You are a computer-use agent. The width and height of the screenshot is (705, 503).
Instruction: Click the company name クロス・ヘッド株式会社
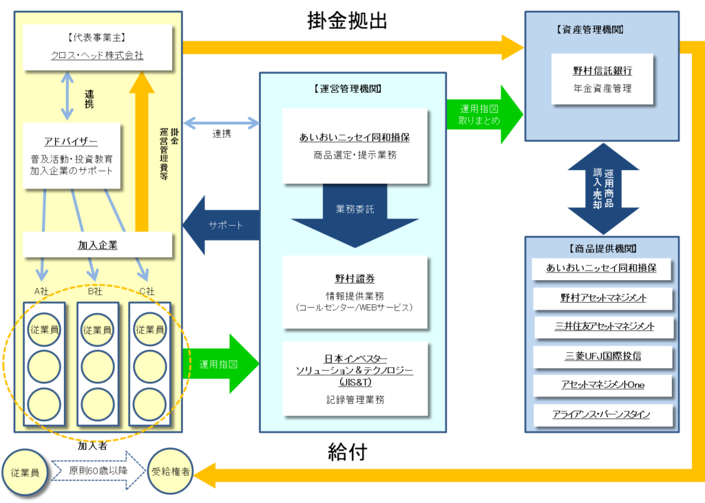pos(97,56)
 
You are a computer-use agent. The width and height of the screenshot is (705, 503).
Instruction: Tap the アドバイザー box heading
pos(71,142)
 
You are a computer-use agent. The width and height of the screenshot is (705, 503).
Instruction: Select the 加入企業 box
pos(97,245)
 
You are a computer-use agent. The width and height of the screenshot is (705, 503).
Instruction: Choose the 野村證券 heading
pos(355,279)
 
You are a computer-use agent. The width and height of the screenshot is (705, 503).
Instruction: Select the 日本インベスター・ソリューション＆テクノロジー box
pos(355,378)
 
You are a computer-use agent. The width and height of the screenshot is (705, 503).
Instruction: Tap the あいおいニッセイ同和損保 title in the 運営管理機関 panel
pos(355,138)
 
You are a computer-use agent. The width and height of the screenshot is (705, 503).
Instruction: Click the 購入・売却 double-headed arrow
pos(603,189)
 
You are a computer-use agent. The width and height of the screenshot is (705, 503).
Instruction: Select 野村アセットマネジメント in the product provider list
pos(602,298)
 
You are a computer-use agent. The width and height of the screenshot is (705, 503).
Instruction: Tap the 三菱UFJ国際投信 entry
pos(602,356)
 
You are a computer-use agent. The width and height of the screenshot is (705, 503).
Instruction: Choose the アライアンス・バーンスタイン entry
pos(602,414)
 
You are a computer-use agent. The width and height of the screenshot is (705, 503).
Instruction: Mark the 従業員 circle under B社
pos(97,330)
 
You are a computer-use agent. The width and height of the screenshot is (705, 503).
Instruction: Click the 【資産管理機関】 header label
pos(589,30)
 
